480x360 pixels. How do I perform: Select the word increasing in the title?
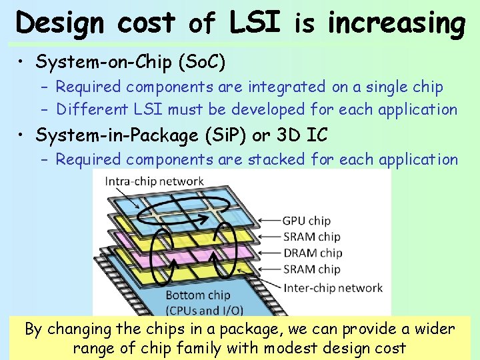click(x=396, y=24)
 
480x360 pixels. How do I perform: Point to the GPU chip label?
click(x=307, y=221)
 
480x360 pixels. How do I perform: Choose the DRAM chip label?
click(x=312, y=253)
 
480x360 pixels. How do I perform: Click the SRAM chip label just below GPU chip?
click(x=311, y=237)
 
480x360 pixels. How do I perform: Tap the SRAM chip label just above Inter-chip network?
click(x=311, y=269)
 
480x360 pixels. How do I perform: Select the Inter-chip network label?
click(x=333, y=288)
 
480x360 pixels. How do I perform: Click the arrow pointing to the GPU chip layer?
click(x=267, y=221)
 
